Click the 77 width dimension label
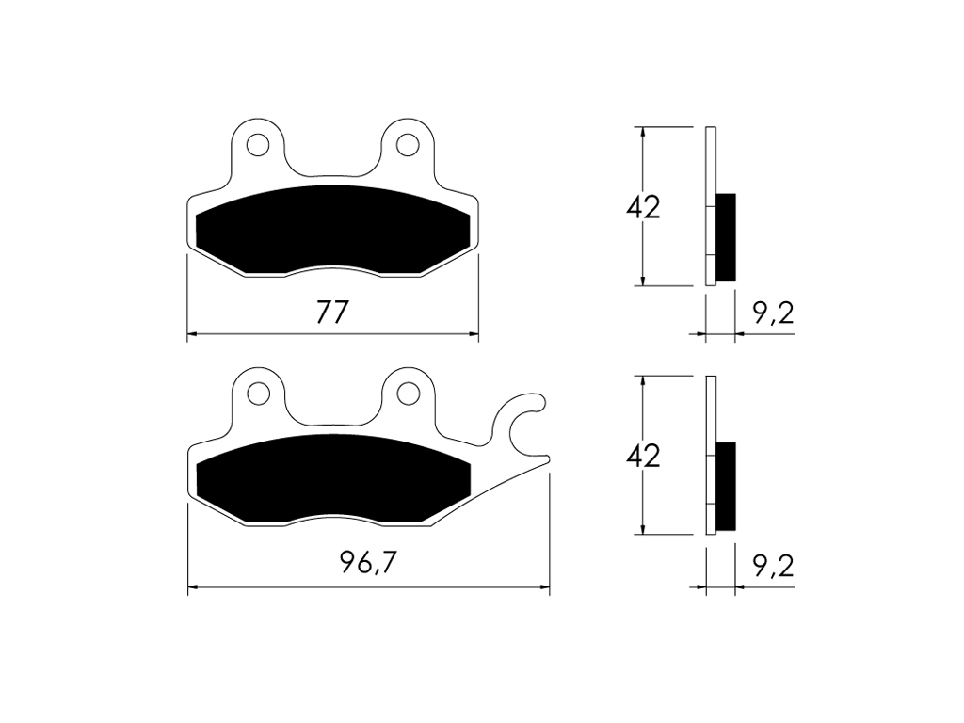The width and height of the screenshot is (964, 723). [332, 313]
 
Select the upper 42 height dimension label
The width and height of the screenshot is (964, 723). [643, 207]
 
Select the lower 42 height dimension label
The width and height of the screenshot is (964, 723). [643, 456]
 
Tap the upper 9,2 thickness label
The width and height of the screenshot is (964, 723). [773, 313]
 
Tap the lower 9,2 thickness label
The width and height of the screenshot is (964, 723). [773, 566]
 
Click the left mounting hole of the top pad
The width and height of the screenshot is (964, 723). [258, 145]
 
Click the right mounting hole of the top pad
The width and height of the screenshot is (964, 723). [407, 145]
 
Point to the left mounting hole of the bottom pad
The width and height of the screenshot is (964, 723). [258, 394]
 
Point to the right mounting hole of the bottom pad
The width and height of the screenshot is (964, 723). [407, 394]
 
